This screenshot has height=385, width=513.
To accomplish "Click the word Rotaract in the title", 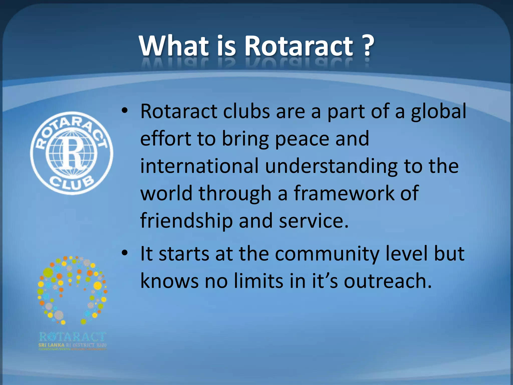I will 299,46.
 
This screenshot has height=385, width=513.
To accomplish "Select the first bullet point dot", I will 124,111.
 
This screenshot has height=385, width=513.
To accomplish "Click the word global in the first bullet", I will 438,112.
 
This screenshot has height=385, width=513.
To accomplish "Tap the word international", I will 199,166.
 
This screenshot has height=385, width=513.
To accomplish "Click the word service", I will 313,221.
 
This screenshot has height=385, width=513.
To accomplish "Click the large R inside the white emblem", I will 72,153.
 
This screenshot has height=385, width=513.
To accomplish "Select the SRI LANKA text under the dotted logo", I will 51,345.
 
